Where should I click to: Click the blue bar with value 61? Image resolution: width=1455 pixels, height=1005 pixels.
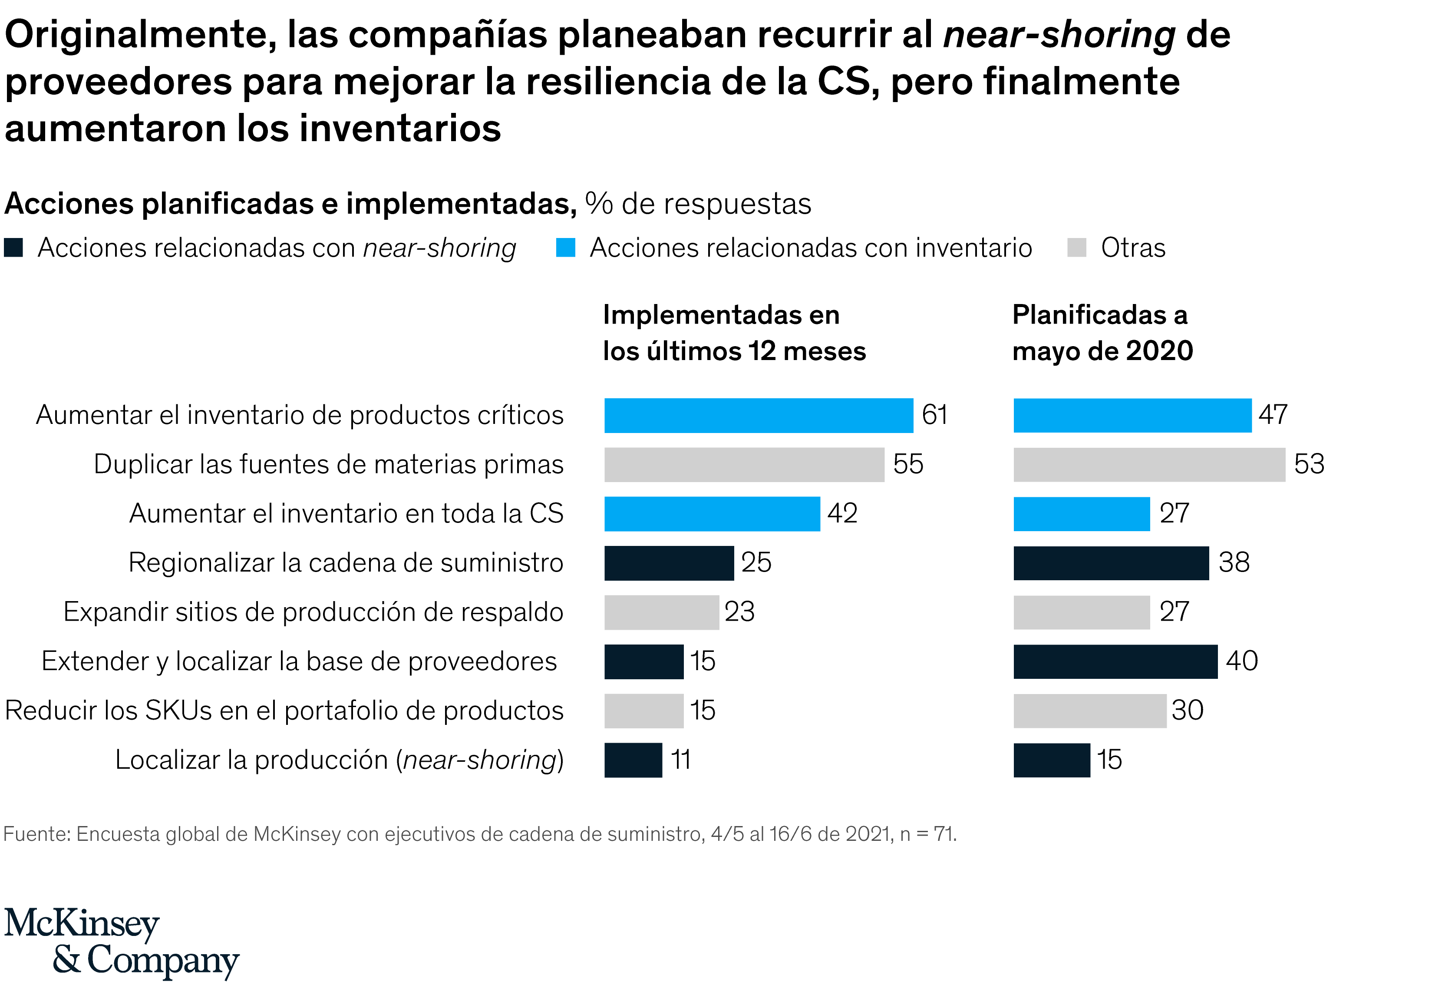tap(758, 416)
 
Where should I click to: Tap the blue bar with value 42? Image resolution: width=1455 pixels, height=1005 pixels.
tap(712, 514)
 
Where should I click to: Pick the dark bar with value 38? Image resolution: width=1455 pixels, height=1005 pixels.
tap(1111, 563)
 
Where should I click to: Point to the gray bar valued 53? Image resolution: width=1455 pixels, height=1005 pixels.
tap(1148, 465)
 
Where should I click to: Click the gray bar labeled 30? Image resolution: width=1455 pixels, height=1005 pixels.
tap(1089, 711)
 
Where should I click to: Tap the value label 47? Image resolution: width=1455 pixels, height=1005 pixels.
tap(1272, 415)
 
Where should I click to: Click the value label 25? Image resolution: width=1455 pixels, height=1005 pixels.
tap(756, 562)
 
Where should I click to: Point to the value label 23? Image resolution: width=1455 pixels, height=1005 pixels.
tap(739, 612)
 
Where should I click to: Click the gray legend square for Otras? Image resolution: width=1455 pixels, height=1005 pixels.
tap(1077, 248)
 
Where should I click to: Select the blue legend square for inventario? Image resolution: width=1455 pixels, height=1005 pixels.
tap(565, 248)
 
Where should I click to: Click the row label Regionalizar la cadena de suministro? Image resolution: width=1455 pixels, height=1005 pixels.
tap(346, 562)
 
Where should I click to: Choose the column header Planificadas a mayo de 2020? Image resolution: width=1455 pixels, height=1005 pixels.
tap(1102, 333)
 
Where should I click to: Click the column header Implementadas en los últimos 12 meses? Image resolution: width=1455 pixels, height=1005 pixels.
tap(733, 333)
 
